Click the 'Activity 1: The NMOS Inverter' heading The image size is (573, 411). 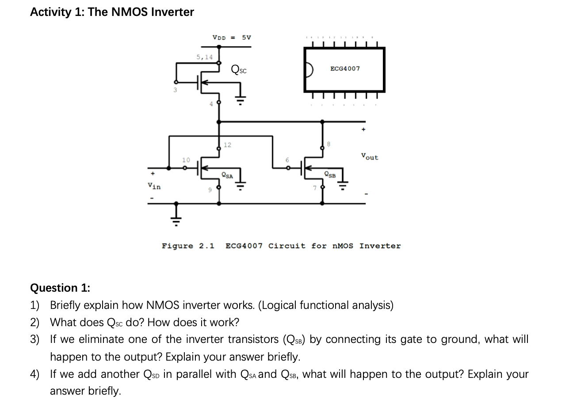[x=112, y=12]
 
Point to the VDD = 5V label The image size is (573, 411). [x=231, y=37]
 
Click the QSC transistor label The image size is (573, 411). [x=239, y=69]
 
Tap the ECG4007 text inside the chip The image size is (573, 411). [x=345, y=68]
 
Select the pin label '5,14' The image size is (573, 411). [x=204, y=57]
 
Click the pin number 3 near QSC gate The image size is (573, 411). [x=175, y=90]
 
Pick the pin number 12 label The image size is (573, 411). [x=227, y=145]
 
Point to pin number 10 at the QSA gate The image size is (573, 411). [x=186, y=160]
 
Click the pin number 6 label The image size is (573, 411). [x=287, y=160]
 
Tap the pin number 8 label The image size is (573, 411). [x=329, y=144]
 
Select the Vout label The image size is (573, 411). [x=370, y=157]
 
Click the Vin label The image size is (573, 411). [x=154, y=186]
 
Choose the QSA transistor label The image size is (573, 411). [x=227, y=175]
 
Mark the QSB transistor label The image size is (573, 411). [x=330, y=175]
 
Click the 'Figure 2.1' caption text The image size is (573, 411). [x=188, y=246]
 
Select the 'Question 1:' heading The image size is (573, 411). [x=60, y=288]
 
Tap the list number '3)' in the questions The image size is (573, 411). [x=34, y=339]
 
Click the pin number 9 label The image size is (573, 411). [x=210, y=190]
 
